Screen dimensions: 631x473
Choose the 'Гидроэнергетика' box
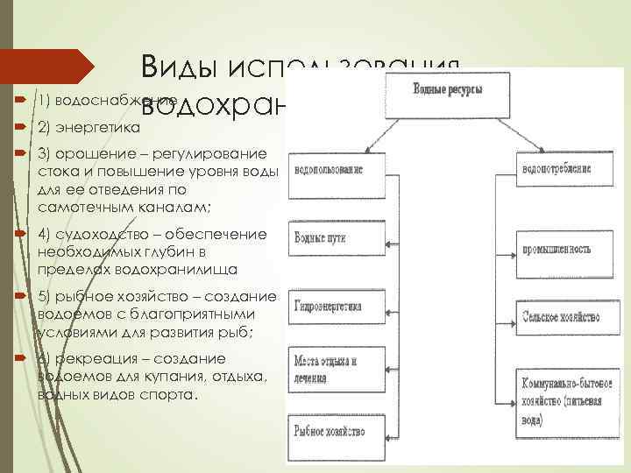pyautogui.click(x=334, y=309)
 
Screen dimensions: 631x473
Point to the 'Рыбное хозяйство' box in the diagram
pyautogui.click(x=334, y=431)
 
